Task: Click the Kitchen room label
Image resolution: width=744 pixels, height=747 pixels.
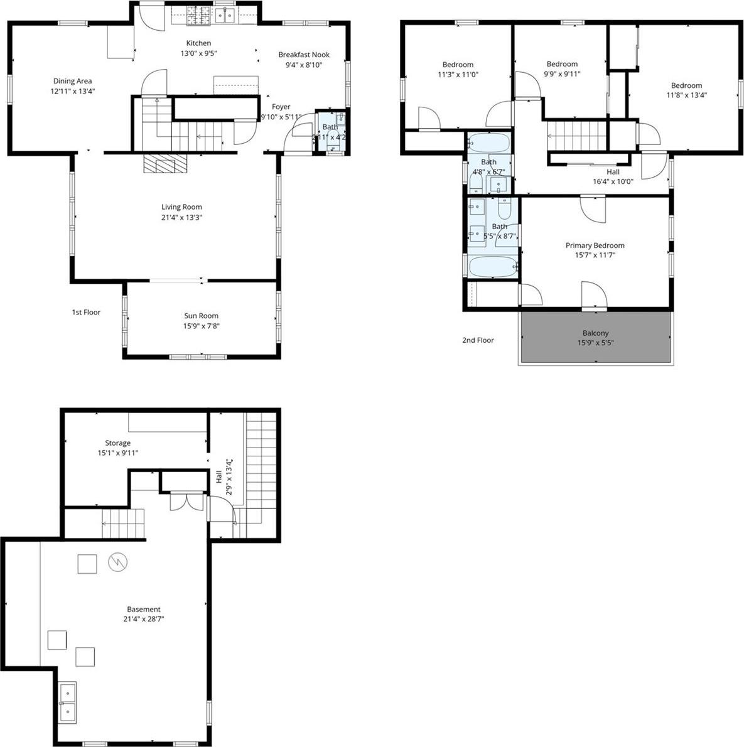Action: pyautogui.click(x=195, y=43)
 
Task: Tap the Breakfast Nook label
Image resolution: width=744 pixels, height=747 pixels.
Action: pyautogui.click(x=303, y=55)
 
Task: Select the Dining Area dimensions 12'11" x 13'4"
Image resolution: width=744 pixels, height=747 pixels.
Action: pyautogui.click(x=73, y=91)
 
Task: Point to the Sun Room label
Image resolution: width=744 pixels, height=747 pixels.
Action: pyautogui.click(x=201, y=316)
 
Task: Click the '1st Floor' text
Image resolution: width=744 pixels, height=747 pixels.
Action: pyautogui.click(x=86, y=312)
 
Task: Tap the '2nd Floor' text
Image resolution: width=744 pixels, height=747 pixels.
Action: pyautogui.click(x=478, y=340)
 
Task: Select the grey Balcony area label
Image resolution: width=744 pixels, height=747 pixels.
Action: pyautogui.click(x=595, y=333)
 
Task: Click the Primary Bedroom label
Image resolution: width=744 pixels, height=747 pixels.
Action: pyautogui.click(x=595, y=245)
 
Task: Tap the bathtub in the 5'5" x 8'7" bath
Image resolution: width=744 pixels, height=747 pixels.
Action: pyautogui.click(x=493, y=267)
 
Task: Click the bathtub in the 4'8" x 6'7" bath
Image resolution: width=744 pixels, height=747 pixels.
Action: pyautogui.click(x=488, y=144)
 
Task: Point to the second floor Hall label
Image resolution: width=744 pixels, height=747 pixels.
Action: pyautogui.click(x=613, y=172)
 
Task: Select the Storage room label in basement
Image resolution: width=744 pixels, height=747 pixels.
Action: pyautogui.click(x=117, y=443)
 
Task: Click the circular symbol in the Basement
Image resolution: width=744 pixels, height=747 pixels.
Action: pyautogui.click(x=117, y=562)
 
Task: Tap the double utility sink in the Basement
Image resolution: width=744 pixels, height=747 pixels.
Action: pyautogui.click(x=67, y=702)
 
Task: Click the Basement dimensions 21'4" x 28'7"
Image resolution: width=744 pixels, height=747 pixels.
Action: pyautogui.click(x=144, y=619)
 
